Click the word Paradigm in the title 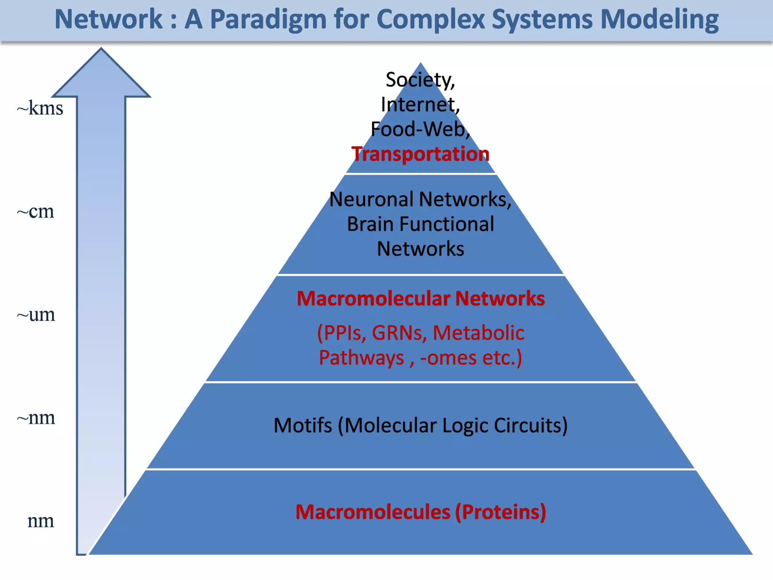point(268,20)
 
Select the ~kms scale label point(40,108)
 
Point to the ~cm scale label point(35,211)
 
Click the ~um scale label point(36,315)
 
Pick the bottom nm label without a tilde point(40,521)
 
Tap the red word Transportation point(420,154)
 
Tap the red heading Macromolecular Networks point(420,298)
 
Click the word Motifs point(302,426)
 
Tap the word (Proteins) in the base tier point(500,512)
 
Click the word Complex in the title point(430,20)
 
